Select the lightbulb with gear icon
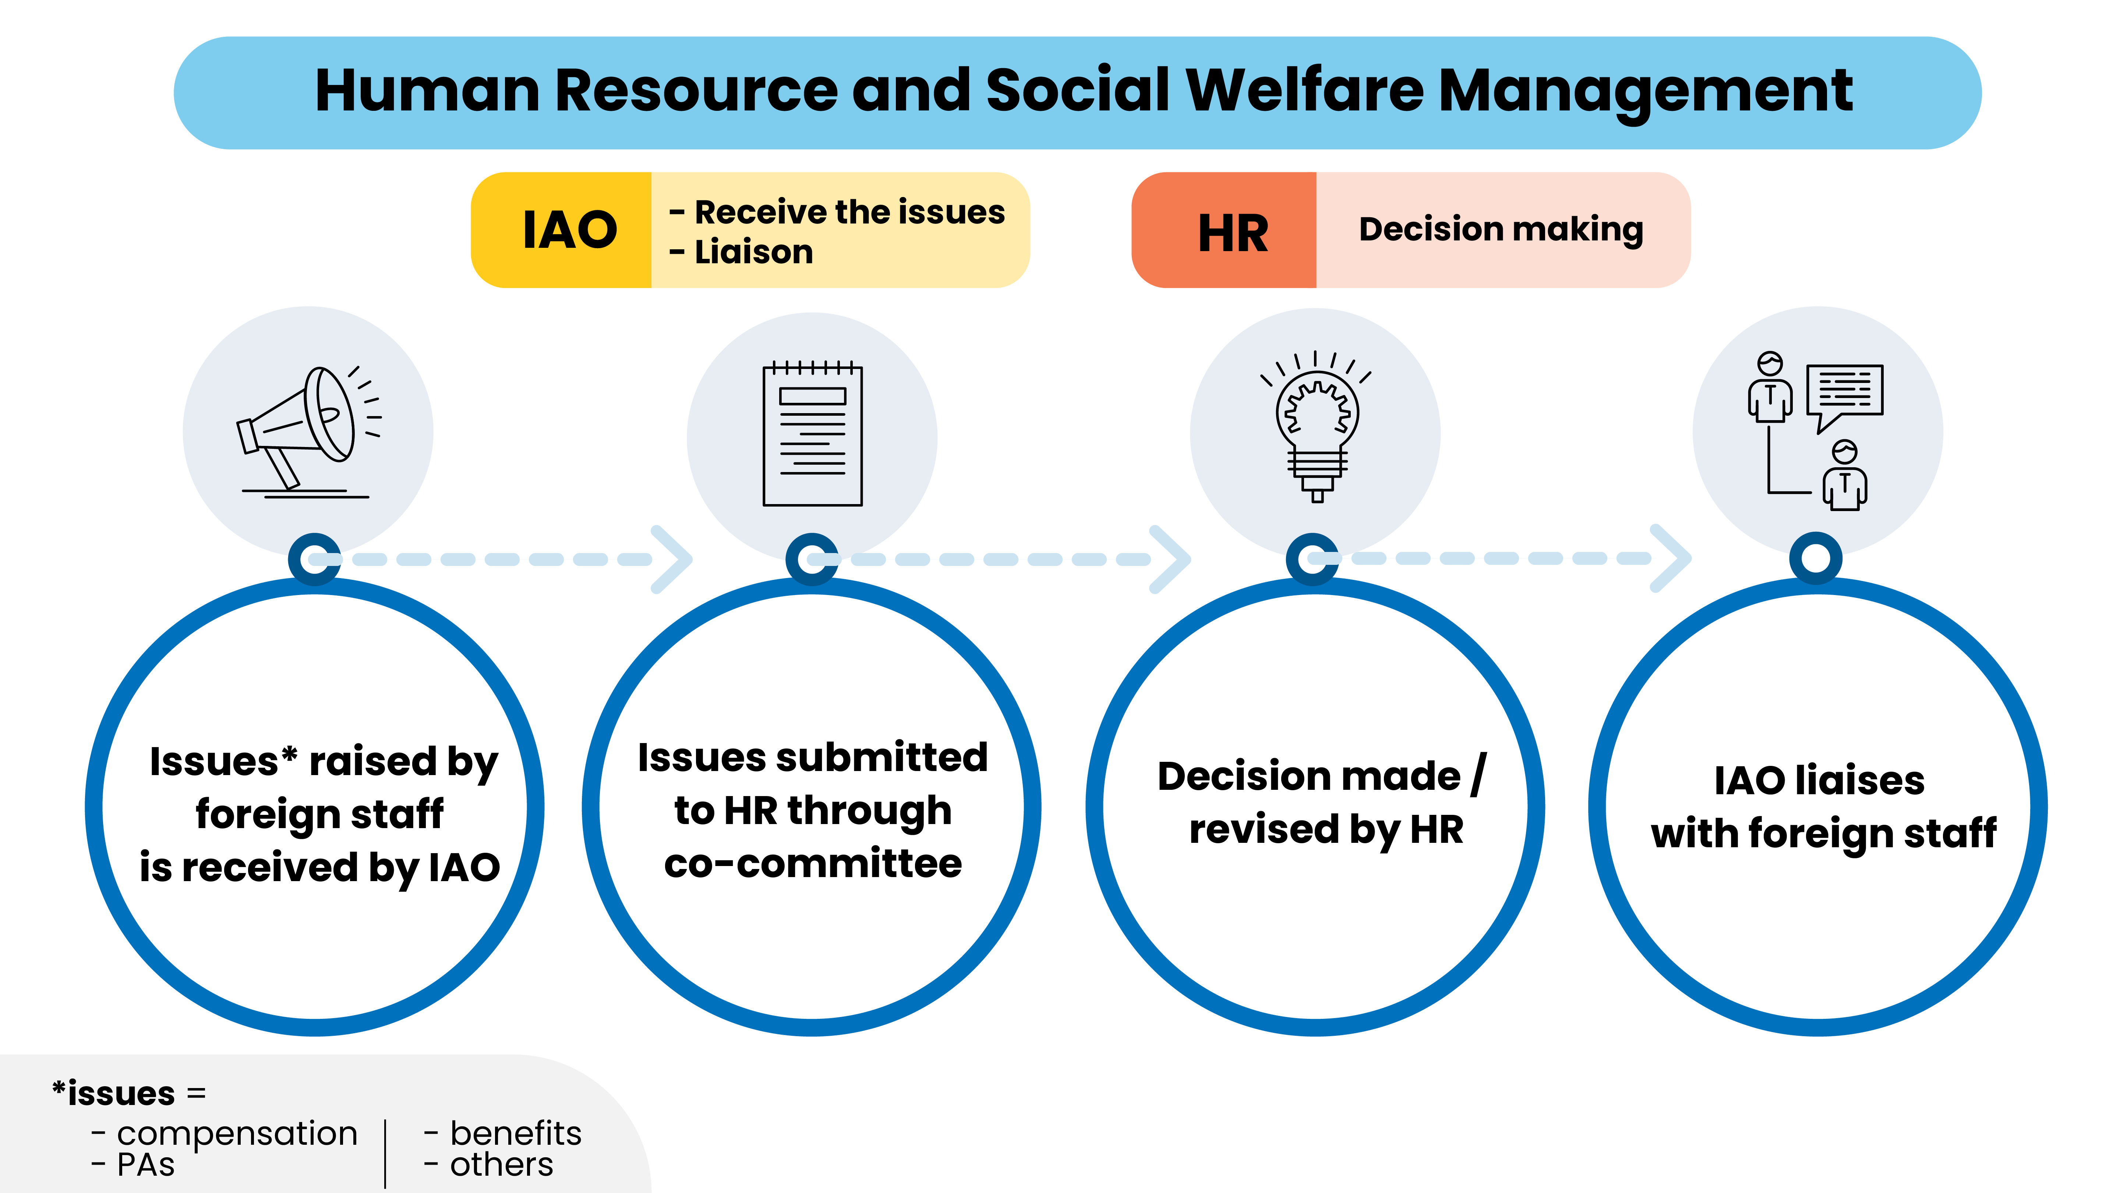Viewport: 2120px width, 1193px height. pyautogui.click(x=1316, y=426)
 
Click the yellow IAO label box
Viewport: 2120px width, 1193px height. pyautogui.click(x=561, y=230)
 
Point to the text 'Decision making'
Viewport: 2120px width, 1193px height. pyautogui.click(x=1501, y=230)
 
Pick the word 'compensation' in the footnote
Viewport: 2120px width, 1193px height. pyautogui.click(x=237, y=1134)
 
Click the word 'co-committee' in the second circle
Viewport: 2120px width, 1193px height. pyautogui.click(x=813, y=864)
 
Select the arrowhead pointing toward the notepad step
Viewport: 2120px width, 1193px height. pyautogui.click(x=672, y=559)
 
